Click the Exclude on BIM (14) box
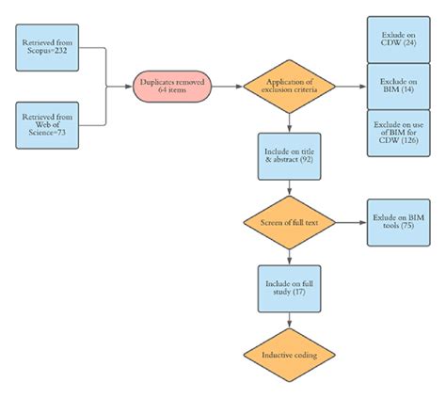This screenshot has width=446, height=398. coord(394,86)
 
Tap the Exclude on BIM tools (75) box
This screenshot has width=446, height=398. coord(394,224)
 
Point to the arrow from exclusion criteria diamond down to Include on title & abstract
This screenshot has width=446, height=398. coord(290,122)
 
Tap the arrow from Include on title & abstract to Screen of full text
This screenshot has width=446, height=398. coord(290,191)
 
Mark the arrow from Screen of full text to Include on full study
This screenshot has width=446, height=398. coord(290,257)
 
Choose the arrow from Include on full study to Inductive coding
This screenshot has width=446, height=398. coord(290,323)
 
